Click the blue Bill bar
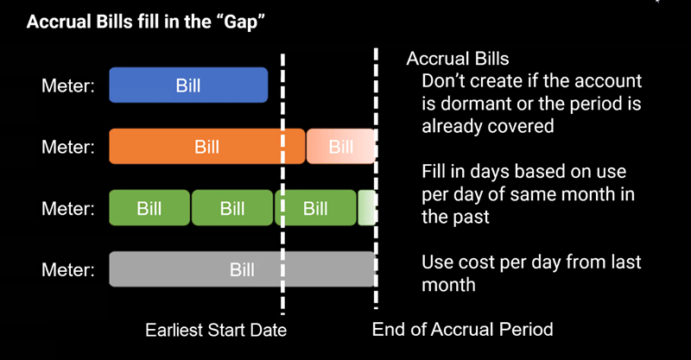coord(188,85)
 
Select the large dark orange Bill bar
coord(206,146)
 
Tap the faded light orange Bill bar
coord(340,146)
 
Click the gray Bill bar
coord(242,269)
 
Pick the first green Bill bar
coord(149,208)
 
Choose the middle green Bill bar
coord(232,208)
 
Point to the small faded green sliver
coord(366,208)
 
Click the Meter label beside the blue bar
coord(68,85)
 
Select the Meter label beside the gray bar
coord(68,269)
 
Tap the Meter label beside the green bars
coord(68,208)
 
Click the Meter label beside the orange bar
coord(68,147)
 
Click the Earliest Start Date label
coord(216,330)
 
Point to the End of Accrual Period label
coord(462,329)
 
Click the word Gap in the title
coord(241,22)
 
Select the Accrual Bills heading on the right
coord(458,59)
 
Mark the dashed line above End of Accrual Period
coord(376,179)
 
